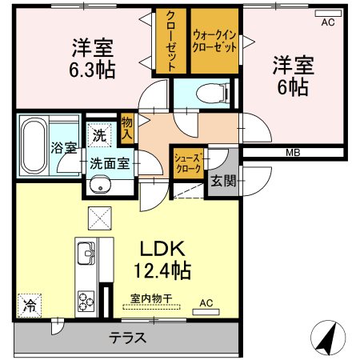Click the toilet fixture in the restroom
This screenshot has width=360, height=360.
coord(213,93)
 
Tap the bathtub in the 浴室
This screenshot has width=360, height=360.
coord(34,146)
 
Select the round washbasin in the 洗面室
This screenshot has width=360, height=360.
coord(100,184)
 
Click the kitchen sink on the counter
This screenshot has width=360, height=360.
coord(86,253)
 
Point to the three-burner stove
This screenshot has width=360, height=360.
coord(86,302)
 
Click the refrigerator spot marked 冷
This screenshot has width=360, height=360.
coord(30,306)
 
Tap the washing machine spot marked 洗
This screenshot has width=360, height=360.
coord(99,135)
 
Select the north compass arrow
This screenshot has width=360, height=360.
coord(328,338)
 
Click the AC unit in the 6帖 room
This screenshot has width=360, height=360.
coord(328,13)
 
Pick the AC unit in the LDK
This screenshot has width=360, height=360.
coord(206,312)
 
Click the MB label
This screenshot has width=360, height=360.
coord(293,153)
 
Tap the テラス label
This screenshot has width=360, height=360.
coord(128,338)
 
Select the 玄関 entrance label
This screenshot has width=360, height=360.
coord(223,182)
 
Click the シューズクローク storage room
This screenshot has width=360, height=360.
coord(188,163)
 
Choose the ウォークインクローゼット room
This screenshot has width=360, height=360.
coord(214,41)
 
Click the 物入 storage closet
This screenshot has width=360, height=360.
coord(127,129)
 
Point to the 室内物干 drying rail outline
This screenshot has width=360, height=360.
coord(151,306)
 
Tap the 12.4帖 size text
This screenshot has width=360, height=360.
coord(162,270)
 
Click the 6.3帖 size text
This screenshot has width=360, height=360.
coord(92,70)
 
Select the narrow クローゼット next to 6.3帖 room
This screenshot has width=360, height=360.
coord(171,41)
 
